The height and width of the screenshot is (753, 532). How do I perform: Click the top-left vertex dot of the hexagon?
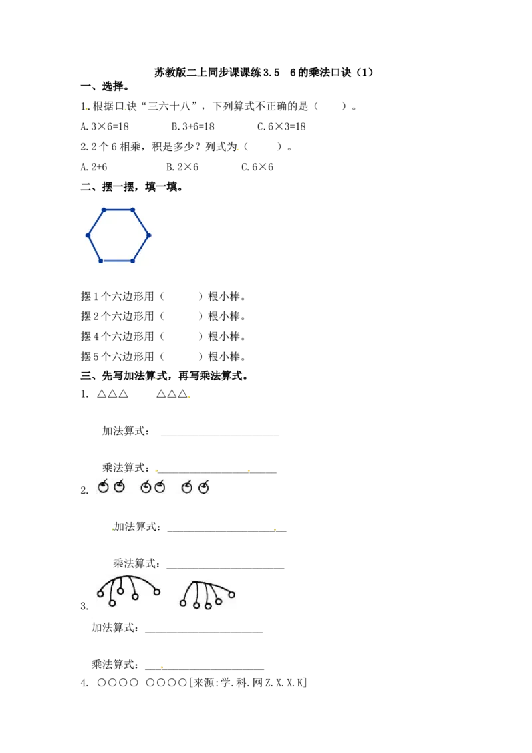[104, 210]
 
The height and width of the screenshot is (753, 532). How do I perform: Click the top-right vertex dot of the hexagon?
[132, 210]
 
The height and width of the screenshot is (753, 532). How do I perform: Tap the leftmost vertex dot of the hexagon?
[88, 235]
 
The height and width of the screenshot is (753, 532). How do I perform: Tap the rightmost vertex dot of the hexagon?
[148, 235]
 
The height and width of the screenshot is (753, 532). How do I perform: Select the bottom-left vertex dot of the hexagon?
[101, 261]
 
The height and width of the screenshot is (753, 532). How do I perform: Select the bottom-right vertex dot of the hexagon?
[132, 261]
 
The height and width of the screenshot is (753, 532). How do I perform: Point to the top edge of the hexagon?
[118, 210]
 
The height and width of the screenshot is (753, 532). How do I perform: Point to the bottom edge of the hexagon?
[117, 261]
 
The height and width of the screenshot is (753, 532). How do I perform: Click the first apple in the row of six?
[103, 488]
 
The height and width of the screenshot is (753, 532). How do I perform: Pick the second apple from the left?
[119, 488]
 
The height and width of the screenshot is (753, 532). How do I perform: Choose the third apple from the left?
[146, 488]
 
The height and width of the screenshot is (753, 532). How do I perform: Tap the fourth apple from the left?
[160, 488]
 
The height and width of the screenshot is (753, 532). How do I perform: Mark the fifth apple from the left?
[187, 488]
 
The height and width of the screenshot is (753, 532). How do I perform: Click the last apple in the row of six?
[203, 488]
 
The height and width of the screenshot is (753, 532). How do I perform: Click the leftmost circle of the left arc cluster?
[100, 593]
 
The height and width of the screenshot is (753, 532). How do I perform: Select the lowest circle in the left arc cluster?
[112, 603]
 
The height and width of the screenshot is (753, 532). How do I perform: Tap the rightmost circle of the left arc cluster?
[157, 591]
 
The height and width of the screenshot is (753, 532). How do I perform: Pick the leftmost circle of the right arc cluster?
[183, 603]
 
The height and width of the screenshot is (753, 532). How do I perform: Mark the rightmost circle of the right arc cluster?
[232, 595]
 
